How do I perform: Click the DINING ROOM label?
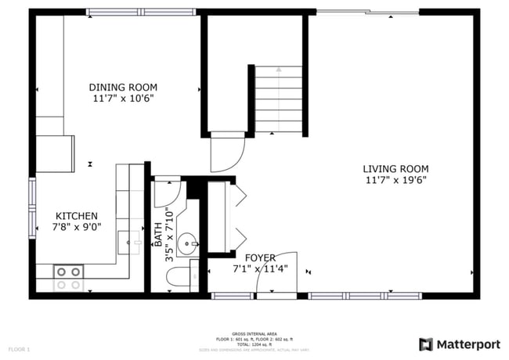click(x=123, y=87)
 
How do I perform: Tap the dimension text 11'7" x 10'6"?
click(x=123, y=99)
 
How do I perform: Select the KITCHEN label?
click(x=76, y=216)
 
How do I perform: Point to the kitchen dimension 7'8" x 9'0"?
click(x=76, y=228)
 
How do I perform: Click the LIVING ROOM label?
click(x=395, y=168)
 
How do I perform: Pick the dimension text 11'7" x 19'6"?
click(x=395, y=180)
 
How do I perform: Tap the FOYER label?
click(x=260, y=257)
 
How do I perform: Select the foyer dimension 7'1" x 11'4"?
click(x=261, y=268)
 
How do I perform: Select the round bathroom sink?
click(x=187, y=243)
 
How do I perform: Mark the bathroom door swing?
click(x=168, y=193)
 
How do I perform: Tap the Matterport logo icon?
click(x=426, y=344)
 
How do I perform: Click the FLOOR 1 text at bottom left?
click(x=19, y=348)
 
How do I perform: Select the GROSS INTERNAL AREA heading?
click(x=254, y=333)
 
